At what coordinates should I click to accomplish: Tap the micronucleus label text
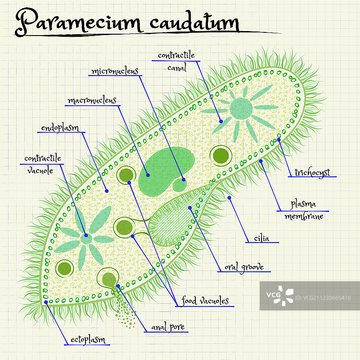click(114, 71)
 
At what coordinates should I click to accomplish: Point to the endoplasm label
click(60, 128)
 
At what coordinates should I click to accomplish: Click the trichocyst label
click(312, 172)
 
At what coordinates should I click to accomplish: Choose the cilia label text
click(261, 238)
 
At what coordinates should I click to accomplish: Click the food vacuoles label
click(205, 301)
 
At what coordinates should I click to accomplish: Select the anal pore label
click(167, 327)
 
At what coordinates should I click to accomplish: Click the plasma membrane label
click(303, 210)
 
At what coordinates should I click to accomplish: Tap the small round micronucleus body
click(180, 184)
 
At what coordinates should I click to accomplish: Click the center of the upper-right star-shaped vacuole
click(241, 108)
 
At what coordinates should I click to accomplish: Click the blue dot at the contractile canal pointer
click(221, 121)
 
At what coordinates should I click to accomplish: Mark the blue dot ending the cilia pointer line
click(229, 197)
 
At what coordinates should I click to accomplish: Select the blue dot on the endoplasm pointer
click(107, 191)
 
